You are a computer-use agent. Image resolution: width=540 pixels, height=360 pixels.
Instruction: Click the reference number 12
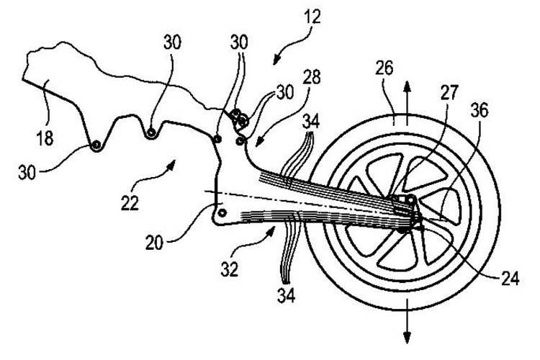coord(312,16)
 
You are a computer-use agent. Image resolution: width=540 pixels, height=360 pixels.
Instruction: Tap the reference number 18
coord(45,138)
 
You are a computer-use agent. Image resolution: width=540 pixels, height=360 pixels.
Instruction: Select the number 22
coord(130,203)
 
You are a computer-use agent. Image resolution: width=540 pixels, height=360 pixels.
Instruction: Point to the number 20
coord(154,243)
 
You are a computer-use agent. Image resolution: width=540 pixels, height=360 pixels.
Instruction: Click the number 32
coord(230,269)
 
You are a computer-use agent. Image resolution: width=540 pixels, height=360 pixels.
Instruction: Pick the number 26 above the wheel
coord(384,68)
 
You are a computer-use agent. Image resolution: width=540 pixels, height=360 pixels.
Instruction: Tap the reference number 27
coord(450,92)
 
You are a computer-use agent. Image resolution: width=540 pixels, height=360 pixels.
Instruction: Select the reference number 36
coord(479,111)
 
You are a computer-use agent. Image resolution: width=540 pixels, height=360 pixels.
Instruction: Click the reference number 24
coord(510,279)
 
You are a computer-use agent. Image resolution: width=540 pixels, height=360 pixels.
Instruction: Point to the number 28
coord(312,77)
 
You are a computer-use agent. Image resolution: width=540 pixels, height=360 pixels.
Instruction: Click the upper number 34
coord(310,122)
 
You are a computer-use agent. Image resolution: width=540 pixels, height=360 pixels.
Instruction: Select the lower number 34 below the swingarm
coord(286,296)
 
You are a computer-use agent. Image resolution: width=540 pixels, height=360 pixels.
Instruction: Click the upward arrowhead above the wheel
coord(407,86)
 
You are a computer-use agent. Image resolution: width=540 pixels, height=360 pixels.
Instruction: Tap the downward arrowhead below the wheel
coord(407,338)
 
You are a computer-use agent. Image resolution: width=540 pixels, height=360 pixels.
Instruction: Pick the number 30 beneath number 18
coord(27,172)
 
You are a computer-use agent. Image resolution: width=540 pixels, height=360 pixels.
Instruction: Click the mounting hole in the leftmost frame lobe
coord(96,145)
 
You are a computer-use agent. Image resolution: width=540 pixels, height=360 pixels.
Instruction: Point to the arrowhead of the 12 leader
coord(276,60)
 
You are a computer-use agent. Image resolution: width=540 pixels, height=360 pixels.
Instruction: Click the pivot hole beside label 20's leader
coord(222,212)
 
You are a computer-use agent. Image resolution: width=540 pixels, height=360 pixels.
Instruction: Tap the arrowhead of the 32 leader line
coord(271,230)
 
